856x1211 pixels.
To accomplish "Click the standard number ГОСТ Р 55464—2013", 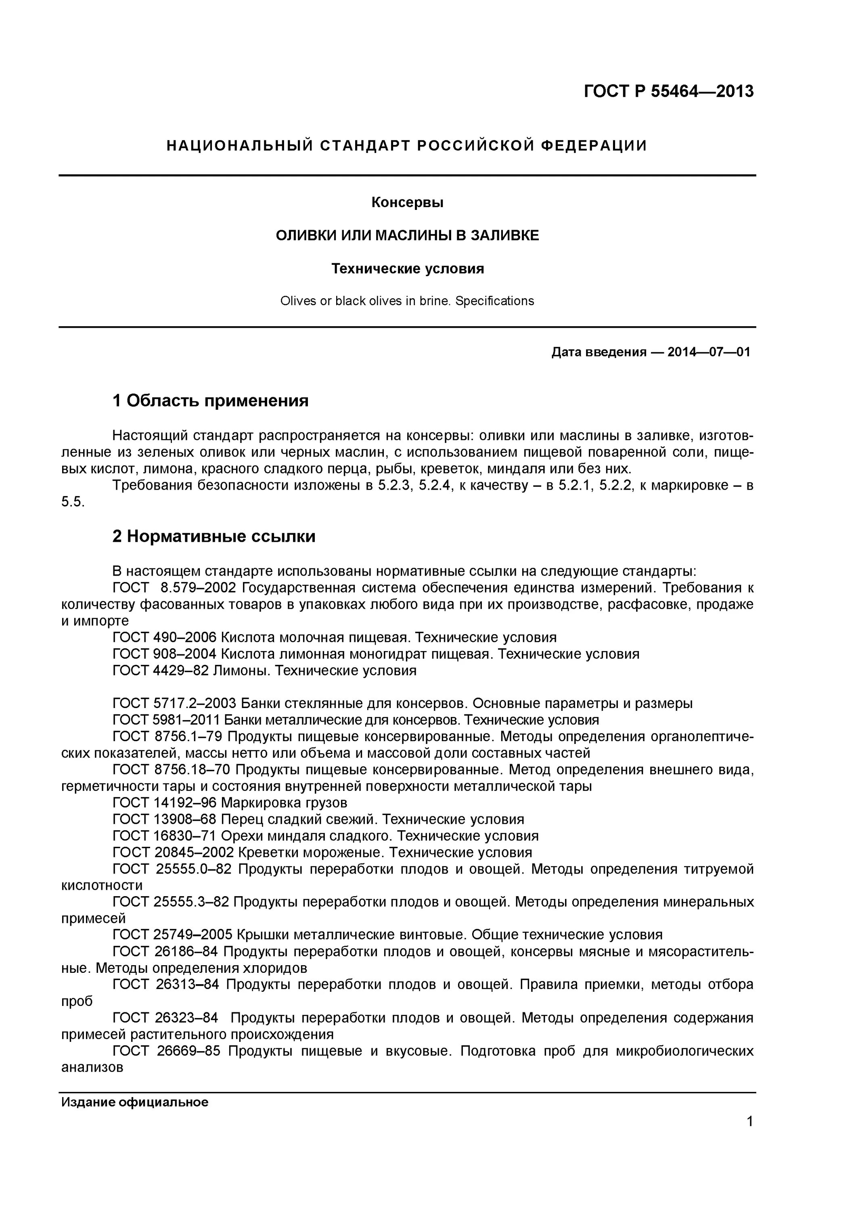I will click(x=668, y=91).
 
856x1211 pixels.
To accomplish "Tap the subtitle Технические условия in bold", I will click(x=407, y=268).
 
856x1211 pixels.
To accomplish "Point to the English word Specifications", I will click(x=494, y=301).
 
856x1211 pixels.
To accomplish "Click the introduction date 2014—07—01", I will click(x=708, y=352).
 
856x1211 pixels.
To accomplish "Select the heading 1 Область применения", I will click(x=210, y=401).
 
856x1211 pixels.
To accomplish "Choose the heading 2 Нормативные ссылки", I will click(x=213, y=536).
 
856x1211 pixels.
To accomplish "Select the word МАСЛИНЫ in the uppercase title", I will click(x=413, y=235).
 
